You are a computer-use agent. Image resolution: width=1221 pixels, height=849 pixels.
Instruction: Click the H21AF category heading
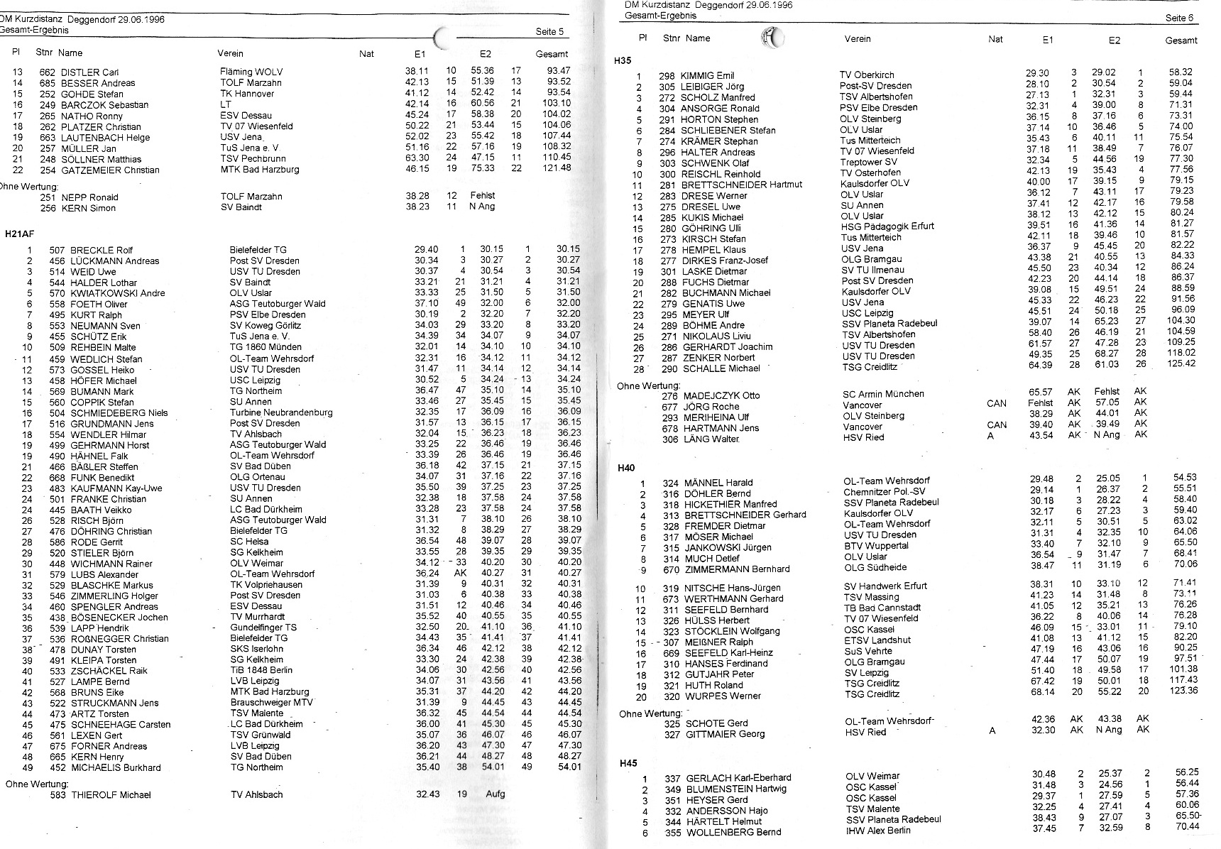(20, 234)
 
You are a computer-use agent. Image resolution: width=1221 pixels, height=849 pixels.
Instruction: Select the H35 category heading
(623, 61)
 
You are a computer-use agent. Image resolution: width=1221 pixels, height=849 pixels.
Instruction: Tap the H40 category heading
(625, 468)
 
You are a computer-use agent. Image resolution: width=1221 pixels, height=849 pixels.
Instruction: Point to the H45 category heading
(628, 764)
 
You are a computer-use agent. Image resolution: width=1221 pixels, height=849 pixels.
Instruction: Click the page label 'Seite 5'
(550, 31)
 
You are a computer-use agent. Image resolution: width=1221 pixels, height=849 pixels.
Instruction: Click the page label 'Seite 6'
(1180, 18)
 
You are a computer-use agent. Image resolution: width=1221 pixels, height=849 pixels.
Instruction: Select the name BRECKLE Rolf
(102, 250)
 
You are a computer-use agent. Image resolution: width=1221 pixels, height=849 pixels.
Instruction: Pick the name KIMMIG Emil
(707, 75)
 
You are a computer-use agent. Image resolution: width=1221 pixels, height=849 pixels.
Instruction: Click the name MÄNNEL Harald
(718, 483)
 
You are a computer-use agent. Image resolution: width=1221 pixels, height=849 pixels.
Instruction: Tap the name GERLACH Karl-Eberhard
(738, 778)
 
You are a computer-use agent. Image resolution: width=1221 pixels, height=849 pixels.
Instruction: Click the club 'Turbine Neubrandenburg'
(281, 412)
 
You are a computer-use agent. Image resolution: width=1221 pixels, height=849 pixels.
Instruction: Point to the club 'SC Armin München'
(883, 394)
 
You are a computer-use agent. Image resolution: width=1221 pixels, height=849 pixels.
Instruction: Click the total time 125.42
(1181, 363)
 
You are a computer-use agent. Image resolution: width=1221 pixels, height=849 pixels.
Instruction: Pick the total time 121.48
(555, 168)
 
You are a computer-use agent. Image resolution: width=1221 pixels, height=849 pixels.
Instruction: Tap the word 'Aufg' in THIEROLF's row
(495, 794)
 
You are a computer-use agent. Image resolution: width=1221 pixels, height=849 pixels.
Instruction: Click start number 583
(58, 795)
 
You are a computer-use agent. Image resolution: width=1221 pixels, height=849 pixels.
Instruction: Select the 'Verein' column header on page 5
(230, 53)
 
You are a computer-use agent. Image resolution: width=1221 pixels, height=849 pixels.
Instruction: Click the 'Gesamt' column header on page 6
(1181, 40)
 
